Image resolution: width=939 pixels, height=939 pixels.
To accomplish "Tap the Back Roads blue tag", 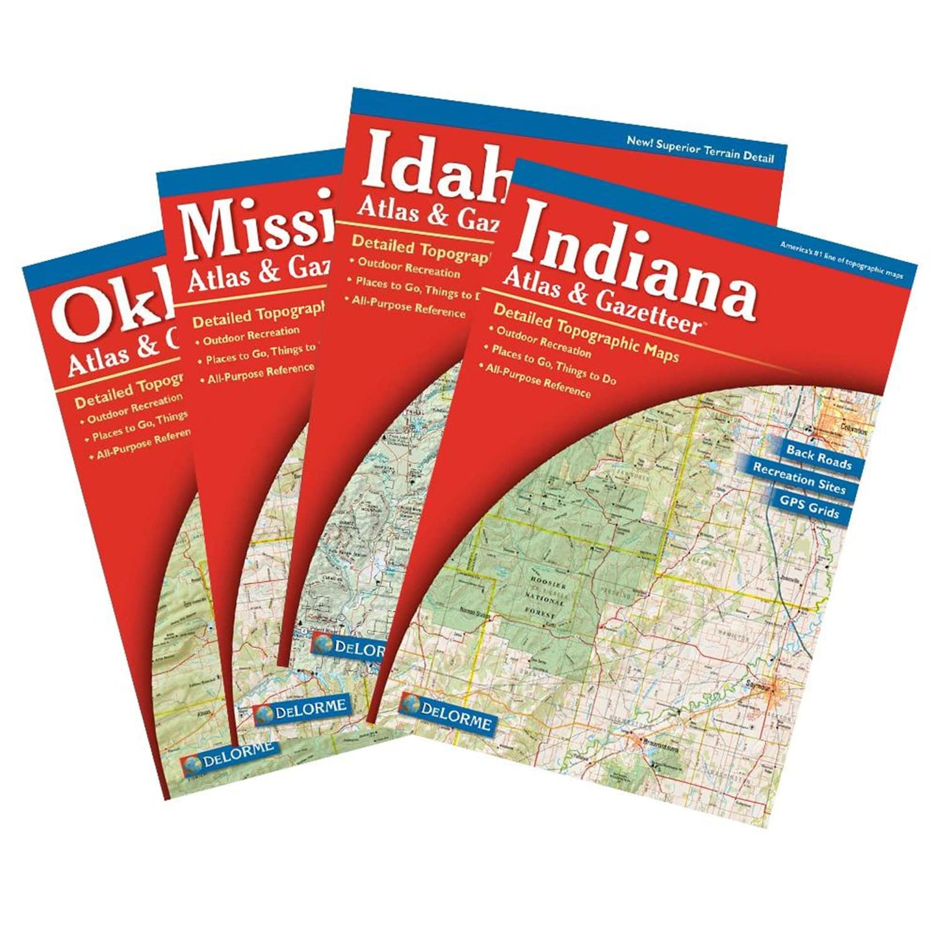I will click(x=818, y=457).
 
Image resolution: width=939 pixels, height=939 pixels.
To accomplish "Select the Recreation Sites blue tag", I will click(x=799, y=479).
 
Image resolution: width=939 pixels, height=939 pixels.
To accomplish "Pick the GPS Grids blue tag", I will click(x=809, y=506).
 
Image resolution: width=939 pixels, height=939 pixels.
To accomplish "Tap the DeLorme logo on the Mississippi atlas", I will click(x=301, y=710).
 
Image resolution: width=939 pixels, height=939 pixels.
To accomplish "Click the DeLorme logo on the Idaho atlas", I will click(x=350, y=647).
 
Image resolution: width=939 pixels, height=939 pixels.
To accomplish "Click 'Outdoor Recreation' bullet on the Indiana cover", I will click(x=543, y=342).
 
